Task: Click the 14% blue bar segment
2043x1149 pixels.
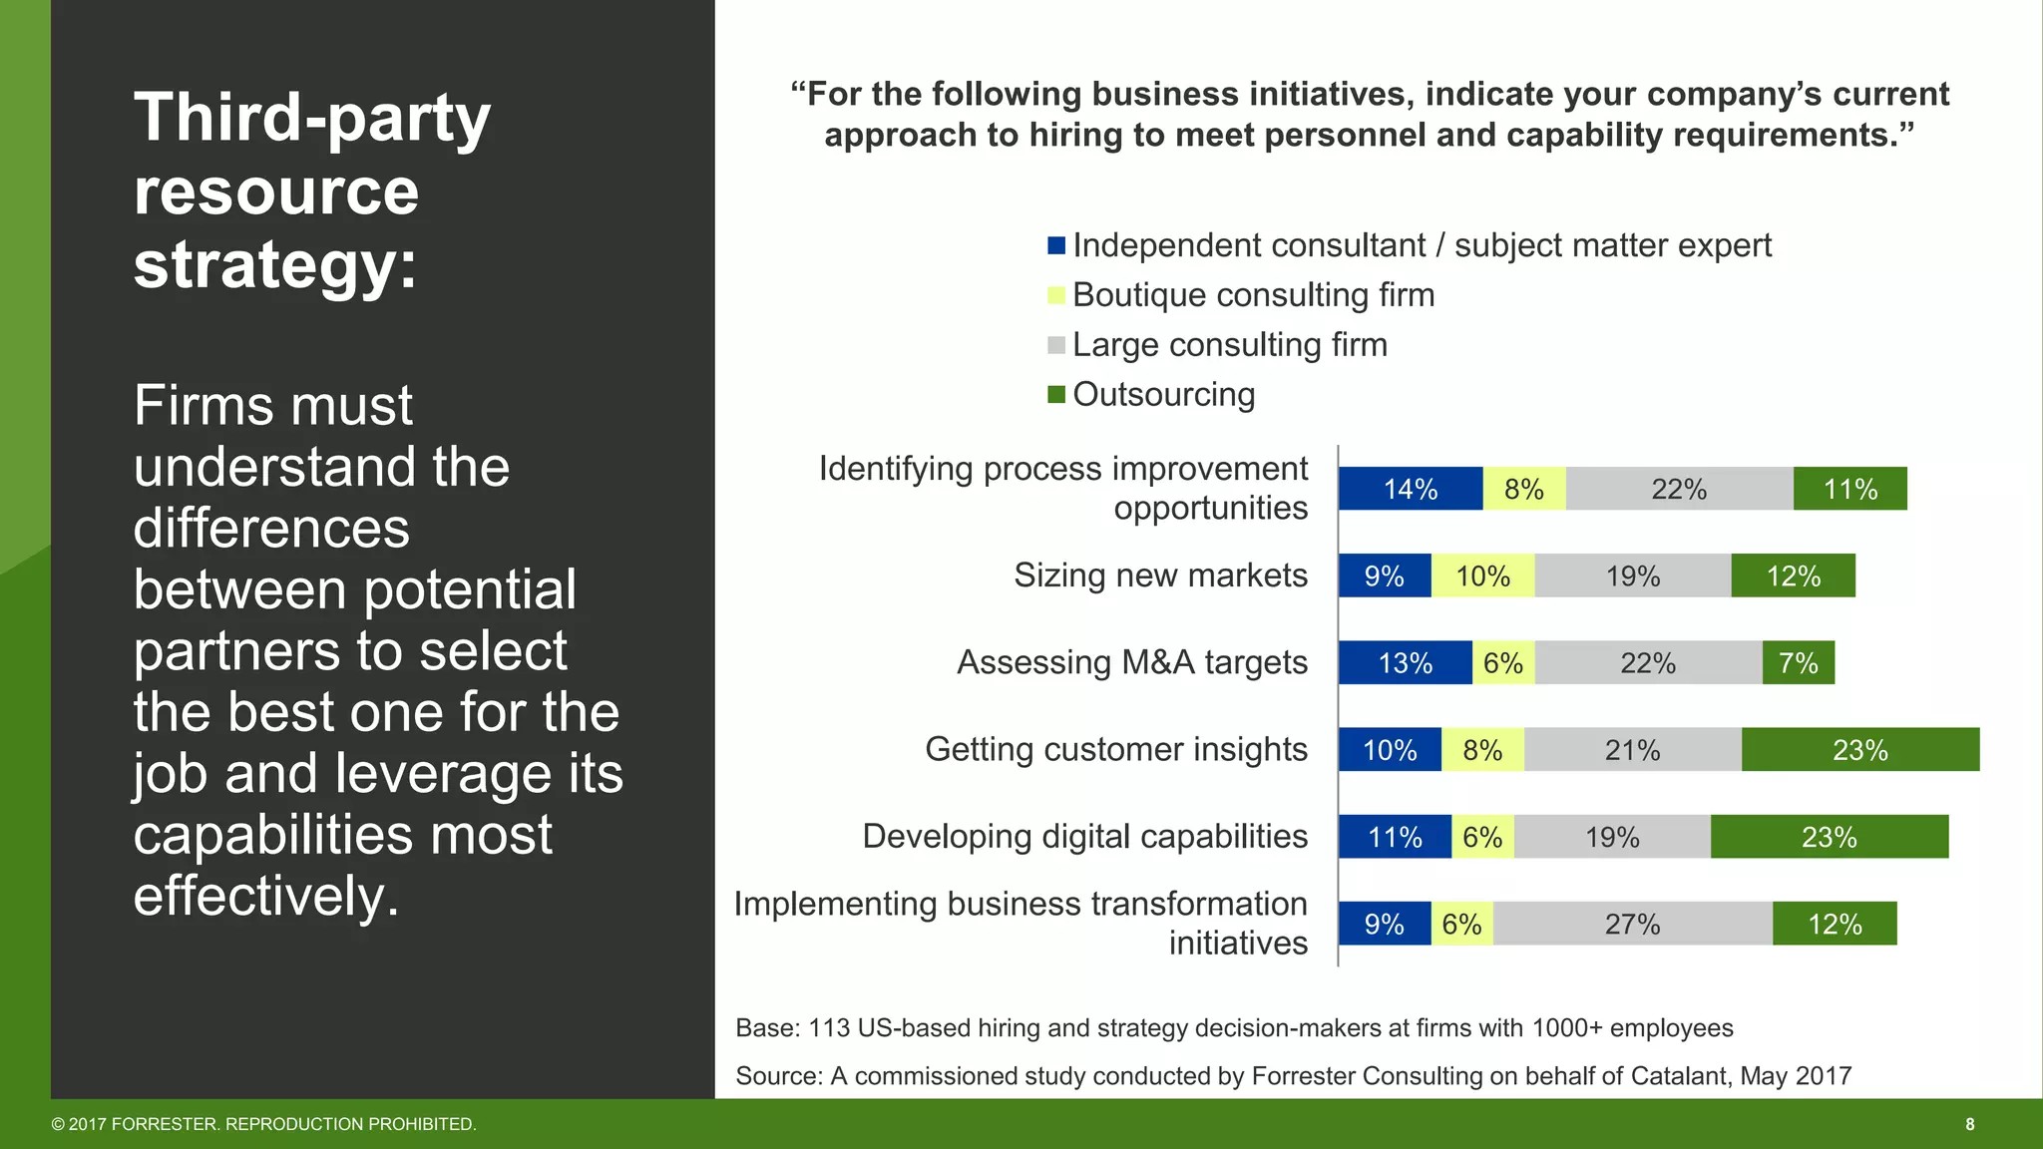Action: [x=1411, y=489]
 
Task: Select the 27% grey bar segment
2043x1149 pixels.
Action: [x=1632, y=924]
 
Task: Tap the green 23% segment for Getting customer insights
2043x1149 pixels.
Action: [x=1859, y=750]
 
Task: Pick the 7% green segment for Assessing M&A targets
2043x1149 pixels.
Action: [x=1798, y=663]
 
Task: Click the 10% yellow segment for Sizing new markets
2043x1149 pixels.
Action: [x=1482, y=576]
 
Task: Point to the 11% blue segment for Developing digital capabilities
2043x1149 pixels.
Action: [x=1395, y=837]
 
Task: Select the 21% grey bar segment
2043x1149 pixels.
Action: [x=1632, y=750]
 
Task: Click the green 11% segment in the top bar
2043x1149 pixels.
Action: [x=1849, y=489]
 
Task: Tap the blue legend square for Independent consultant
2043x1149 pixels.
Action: [x=1056, y=245]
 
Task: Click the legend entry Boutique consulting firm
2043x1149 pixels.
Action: [x=1253, y=295]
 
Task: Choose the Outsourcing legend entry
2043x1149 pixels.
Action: [x=1163, y=395]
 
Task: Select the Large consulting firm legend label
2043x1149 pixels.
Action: [x=1229, y=345]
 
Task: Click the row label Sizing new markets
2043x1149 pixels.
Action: [x=1160, y=575]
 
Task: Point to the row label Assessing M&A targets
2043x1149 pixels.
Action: [x=1131, y=662]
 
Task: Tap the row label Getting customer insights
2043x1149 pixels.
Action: [x=1115, y=749]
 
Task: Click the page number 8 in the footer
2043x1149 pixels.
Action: [x=1969, y=1124]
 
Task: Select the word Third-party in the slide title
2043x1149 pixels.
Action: [x=312, y=118]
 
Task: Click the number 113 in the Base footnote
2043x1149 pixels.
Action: [x=828, y=1028]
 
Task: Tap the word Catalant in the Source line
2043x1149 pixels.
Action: [x=1680, y=1076]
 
